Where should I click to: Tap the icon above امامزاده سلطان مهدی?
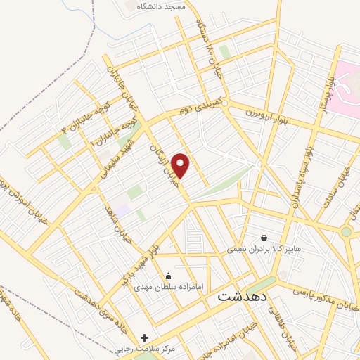click(x=168, y=276)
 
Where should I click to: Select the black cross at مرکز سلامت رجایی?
click(x=145, y=337)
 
